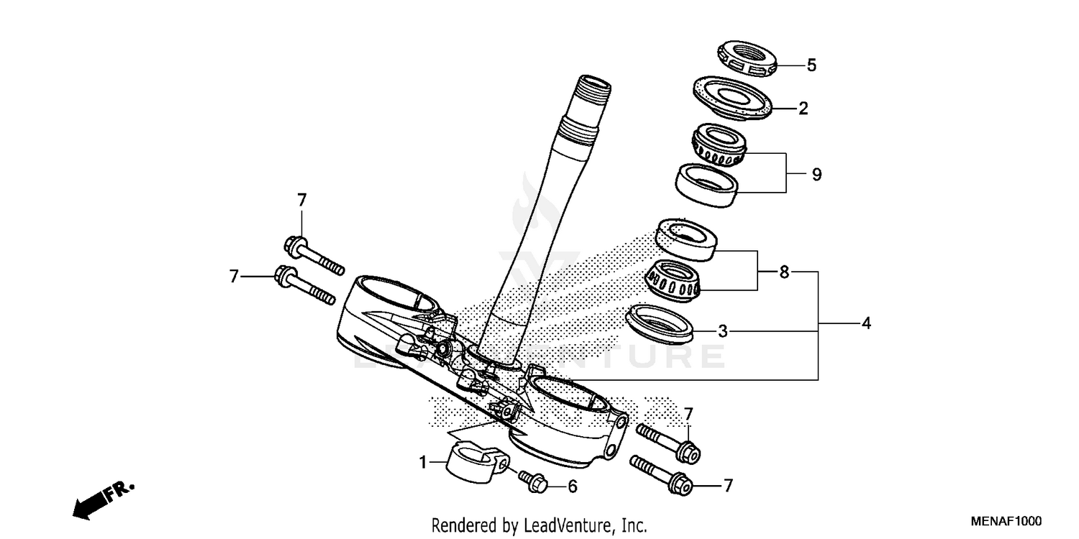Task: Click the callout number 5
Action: pyautogui.click(x=811, y=65)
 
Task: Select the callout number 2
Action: pyautogui.click(x=803, y=109)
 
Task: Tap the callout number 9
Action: pyautogui.click(x=816, y=175)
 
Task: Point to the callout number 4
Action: pyautogui.click(x=866, y=324)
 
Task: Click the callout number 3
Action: pyautogui.click(x=723, y=331)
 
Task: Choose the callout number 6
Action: pyautogui.click(x=573, y=487)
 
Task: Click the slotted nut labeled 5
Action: pyautogui.click(x=747, y=60)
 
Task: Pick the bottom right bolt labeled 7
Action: pyautogui.click(x=662, y=476)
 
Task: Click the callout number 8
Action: pyautogui.click(x=784, y=272)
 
